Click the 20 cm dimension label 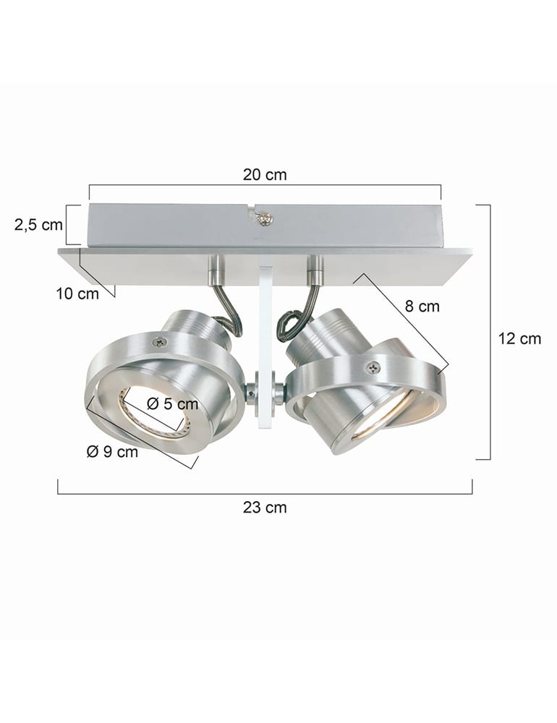[x=264, y=175]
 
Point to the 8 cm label [x=422, y=307]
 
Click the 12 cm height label [x=519, y=338]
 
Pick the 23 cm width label [x=265, y=508]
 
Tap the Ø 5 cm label [x=171, y=404]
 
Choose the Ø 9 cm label [x=112, y=452]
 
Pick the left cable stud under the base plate [x=217, y=270]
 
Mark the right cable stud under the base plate [x=314, y=269]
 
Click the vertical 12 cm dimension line [x=490, y=333]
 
